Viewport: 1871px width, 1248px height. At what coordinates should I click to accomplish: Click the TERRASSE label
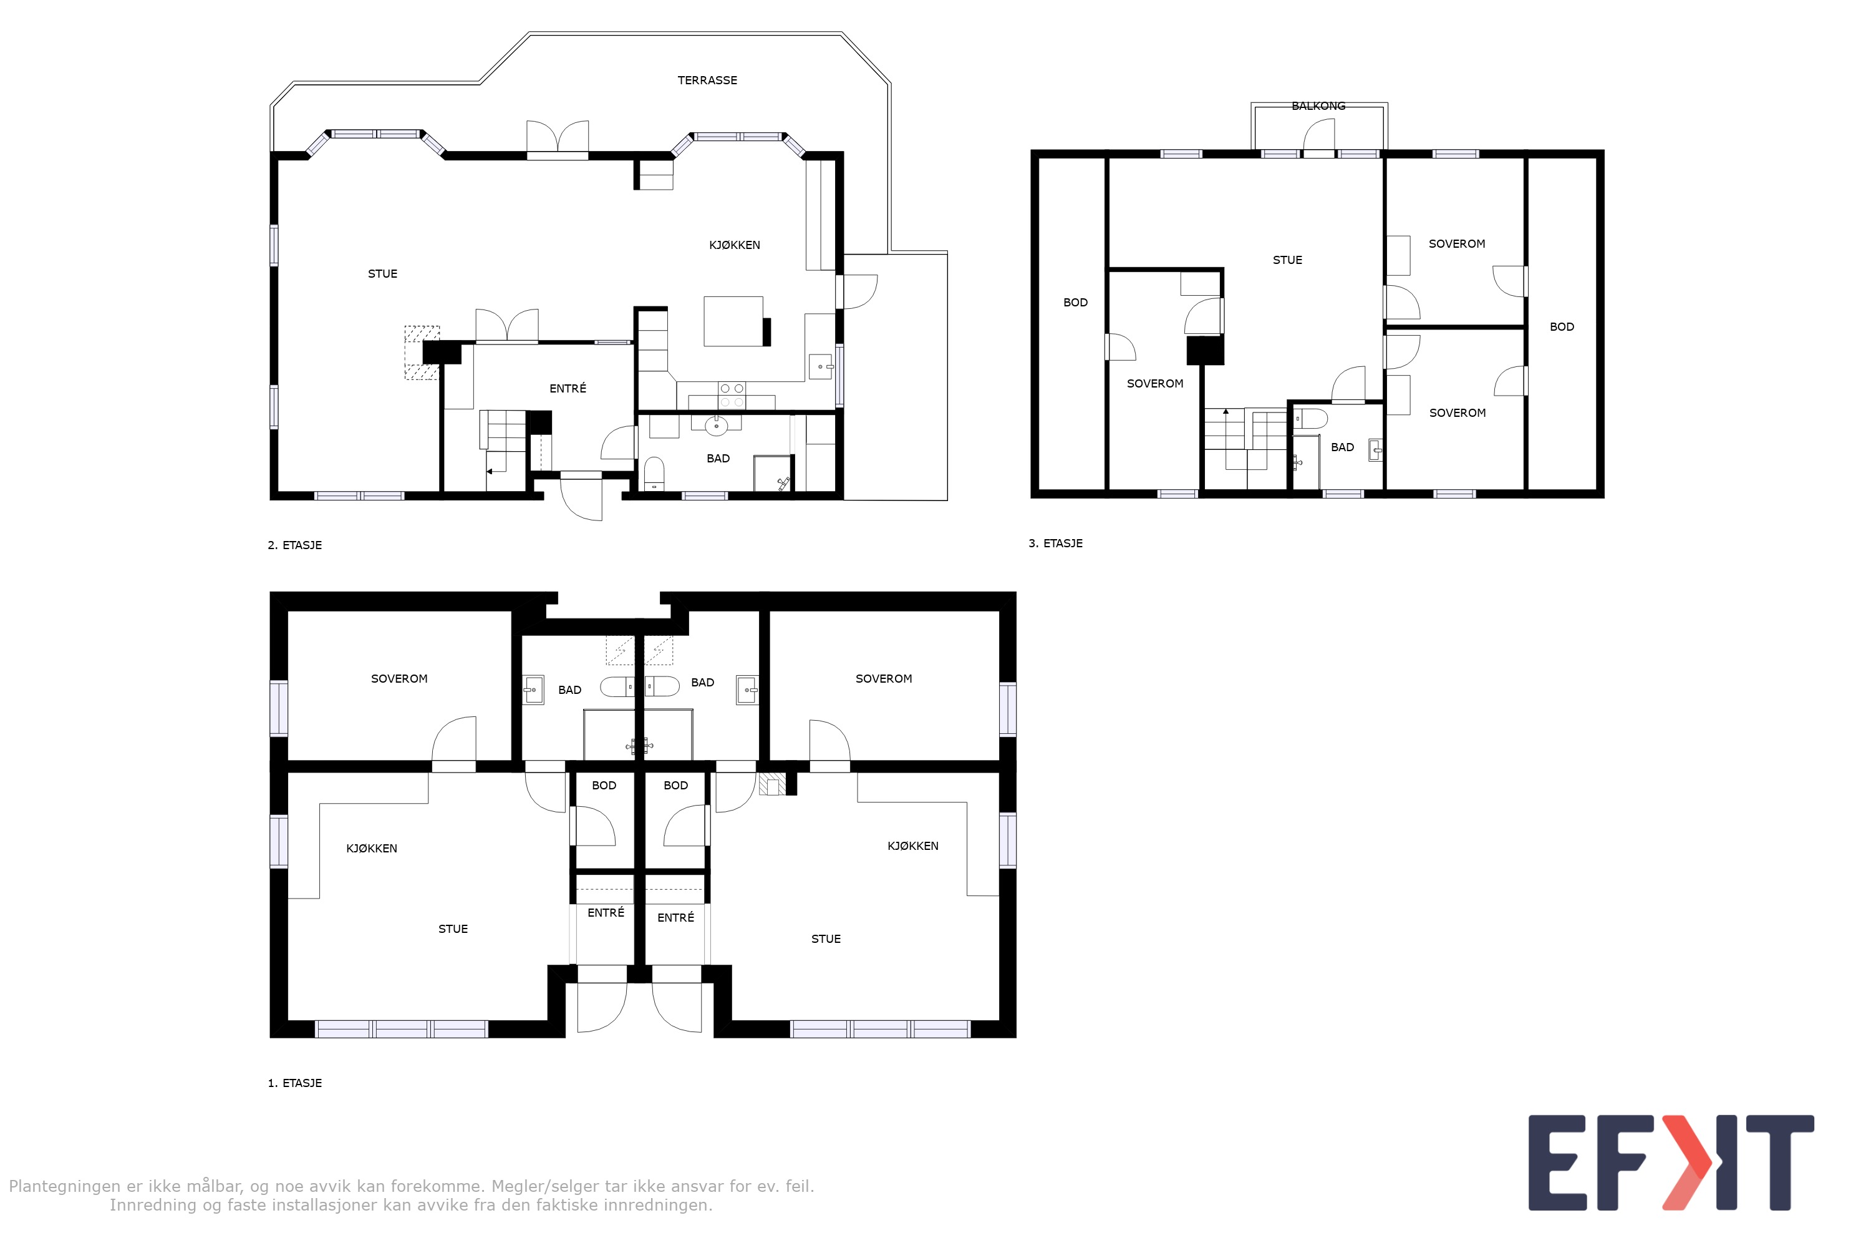point(707,80)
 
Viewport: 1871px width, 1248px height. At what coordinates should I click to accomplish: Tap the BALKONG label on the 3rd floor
point(1318,106)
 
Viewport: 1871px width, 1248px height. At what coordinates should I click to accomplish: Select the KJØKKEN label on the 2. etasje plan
point(734,245)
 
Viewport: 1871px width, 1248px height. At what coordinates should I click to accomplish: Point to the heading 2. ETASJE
point(294,545)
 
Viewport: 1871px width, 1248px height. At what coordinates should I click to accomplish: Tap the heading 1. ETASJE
point(294,1083)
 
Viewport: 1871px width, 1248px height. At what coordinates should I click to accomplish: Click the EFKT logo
point(1671,1163)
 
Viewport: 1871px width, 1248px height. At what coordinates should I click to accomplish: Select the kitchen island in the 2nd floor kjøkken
point(733,321)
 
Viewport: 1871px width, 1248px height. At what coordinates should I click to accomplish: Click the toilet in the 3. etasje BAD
point(1309,419)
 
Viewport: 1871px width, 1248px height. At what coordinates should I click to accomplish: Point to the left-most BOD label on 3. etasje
point(1075,303)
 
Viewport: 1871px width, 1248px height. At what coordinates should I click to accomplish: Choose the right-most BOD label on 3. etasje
point(1561,327)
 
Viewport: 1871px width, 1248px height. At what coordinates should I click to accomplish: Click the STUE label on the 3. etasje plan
point(1287,260)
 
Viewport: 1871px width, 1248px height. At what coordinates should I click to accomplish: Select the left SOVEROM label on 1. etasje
point(399,679)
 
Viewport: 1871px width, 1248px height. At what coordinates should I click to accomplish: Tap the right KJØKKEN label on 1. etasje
point(912,846)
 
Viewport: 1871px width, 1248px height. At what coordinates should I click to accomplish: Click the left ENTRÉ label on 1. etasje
point(606,913)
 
